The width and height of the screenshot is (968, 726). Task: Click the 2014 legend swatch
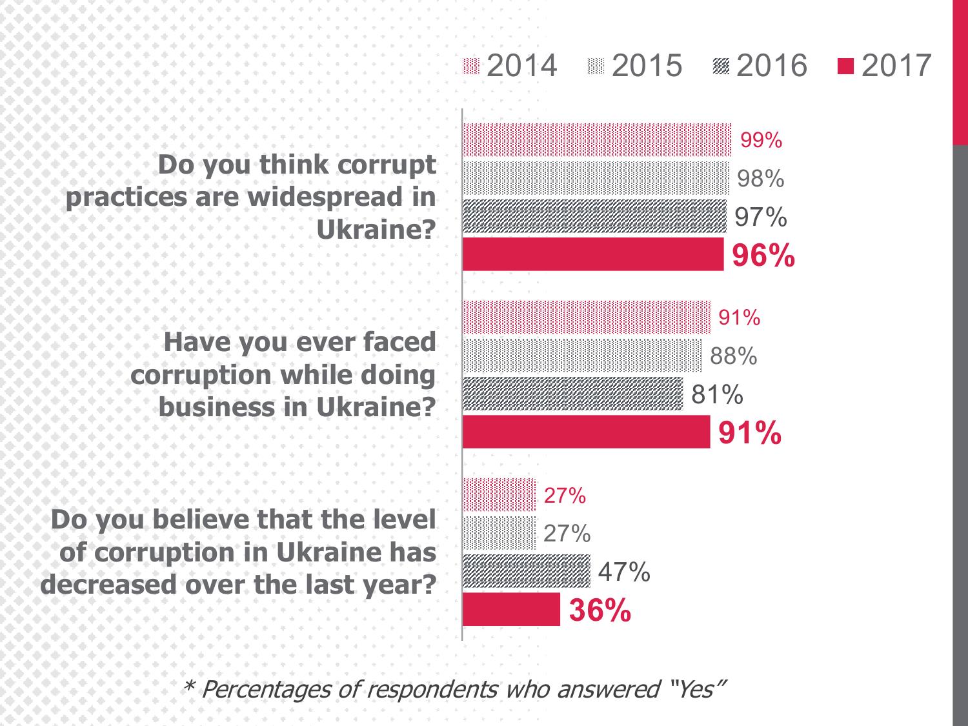pos(472,66)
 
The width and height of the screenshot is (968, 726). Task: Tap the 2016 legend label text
pos(771,66)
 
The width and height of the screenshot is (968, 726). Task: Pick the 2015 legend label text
pos(646,66)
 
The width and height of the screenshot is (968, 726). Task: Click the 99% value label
pos(761,140)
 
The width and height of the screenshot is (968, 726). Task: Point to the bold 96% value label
pos(763,256)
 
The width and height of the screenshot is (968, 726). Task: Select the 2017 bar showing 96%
pos(593,254)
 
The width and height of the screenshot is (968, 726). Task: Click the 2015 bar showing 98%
pos(596,178)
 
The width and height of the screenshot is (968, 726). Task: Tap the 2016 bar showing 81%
pos(572,394)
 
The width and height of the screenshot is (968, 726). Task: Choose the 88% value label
pos(733,356)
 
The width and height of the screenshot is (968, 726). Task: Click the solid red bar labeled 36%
pos(511,609)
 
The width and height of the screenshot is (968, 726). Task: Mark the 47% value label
pos(624,572)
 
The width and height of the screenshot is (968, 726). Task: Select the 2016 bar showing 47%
pos(526,571)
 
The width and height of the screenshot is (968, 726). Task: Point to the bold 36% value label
pos(600,610)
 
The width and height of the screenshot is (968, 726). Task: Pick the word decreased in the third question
pos(108,585)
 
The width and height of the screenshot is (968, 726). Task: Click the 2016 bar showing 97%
pos(594,216)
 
